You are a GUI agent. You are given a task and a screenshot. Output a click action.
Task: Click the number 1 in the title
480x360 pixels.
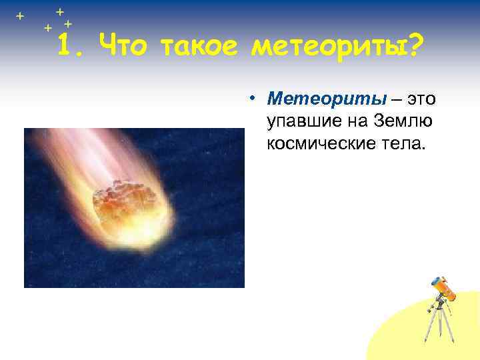(65, 46)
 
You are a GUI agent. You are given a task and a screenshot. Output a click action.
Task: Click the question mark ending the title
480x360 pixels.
(415, 46)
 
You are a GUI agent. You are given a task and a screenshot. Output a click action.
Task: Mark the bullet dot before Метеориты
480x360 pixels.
(255, 99)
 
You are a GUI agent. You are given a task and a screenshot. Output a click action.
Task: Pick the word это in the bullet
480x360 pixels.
(421, 99)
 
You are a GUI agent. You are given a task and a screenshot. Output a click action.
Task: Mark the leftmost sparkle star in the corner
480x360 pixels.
(19, 15)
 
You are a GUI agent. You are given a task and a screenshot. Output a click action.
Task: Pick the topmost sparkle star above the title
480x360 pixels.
(59, 11)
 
